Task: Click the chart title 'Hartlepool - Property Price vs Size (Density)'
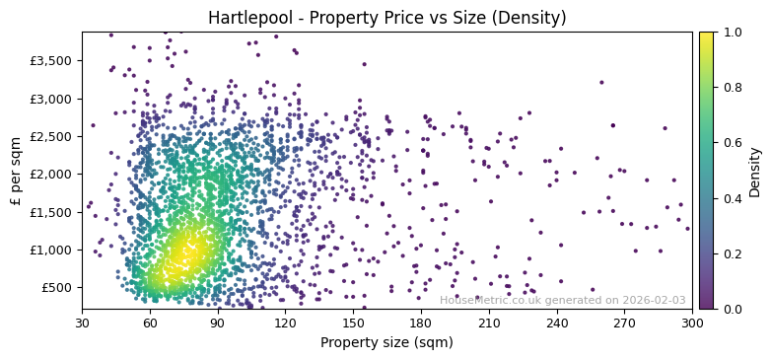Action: coord(386,18)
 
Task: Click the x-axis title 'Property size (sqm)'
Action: coord(386,343)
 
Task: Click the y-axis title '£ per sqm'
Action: coord(16,171)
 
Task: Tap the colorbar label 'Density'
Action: coord(754,171)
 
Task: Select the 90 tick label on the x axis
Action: coord(218,323)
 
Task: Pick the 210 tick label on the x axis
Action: coord(489,323)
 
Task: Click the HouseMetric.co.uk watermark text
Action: coord(562,300)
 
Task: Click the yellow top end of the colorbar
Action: coord(706,35)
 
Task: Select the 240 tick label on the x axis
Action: coord(557,323)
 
